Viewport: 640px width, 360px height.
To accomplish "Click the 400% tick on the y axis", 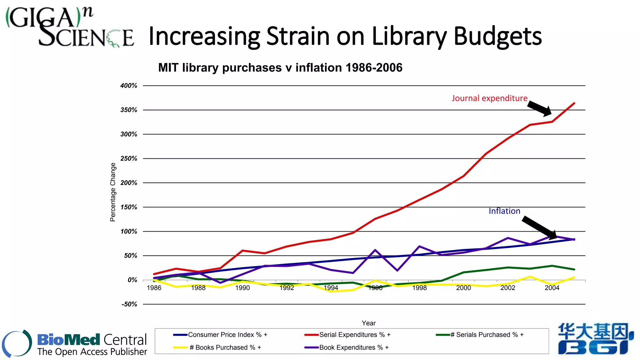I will (x=129, y=86).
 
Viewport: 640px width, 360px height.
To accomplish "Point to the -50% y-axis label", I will (x=129, y=304).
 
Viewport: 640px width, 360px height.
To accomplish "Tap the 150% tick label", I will (x=129, y=207).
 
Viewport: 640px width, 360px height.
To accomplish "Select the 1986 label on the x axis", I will (x=154, y=288).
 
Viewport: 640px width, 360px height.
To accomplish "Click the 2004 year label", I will (x=552, y=288).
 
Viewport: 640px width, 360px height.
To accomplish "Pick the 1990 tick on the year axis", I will (x=242, y=288).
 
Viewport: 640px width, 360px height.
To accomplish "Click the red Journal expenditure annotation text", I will (x=489, y=98).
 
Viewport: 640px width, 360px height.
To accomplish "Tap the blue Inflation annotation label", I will (x=504, y=211).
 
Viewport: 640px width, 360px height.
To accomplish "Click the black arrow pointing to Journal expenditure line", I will (x=540, y=108).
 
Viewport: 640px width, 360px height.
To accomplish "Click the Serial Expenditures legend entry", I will (x=355, y=335).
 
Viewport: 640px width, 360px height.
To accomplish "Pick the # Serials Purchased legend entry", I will (x=487, y=335).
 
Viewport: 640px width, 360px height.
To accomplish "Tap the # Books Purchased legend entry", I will (x=225, y=347).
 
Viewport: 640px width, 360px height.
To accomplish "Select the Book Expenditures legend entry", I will (x=354, y=347).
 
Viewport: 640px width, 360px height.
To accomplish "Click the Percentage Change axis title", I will (x=113, y=192).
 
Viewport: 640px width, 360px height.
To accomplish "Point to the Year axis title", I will (x=369, y=323).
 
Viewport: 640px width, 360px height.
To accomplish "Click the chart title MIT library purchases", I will (x=280, y=68).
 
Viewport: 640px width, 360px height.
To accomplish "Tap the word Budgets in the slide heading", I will (x=497, y=36).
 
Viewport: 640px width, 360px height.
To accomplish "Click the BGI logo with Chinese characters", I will (x=596, y=339).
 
